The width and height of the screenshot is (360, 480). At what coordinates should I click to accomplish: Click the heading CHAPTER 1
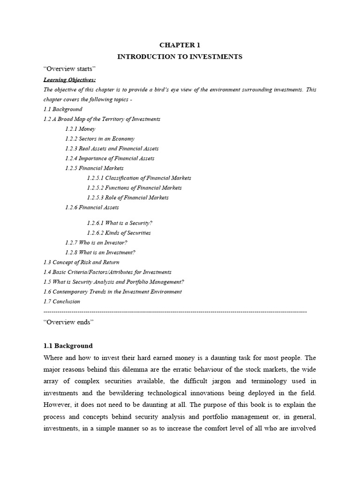[x=180, y=45]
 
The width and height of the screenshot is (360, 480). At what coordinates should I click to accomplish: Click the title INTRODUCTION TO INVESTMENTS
[x=180, y=57]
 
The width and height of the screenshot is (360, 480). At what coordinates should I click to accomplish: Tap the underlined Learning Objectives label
[x=69, y=80]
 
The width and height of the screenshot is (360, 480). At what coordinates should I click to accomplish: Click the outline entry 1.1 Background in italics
[x=62, y=109]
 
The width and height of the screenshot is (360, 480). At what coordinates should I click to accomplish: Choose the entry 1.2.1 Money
[x=80, y=129]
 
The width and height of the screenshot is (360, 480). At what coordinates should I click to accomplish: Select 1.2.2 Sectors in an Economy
[x=100, y=139]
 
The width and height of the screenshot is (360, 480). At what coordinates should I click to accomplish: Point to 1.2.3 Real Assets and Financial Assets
[x=112, y=149]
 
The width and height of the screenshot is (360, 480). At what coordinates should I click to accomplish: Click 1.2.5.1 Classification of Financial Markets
[x=139, y=178]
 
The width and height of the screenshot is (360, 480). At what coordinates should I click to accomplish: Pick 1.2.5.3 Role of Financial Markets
[x=127, y=198]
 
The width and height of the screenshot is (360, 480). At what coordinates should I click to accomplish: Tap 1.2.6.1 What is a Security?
[x=120, y=223]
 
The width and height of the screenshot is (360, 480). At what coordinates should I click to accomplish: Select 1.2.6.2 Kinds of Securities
[x=119, y=233]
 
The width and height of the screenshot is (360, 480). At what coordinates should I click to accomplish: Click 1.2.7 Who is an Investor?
[x=96, y=243]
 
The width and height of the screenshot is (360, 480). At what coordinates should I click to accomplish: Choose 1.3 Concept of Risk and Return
[x=81, y=262]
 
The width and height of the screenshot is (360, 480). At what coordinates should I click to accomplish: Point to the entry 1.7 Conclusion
[x=61, y=302]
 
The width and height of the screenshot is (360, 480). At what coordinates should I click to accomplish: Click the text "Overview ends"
[x=68, y=322]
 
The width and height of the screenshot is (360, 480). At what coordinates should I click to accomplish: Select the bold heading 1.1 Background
[x=68, y=346]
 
